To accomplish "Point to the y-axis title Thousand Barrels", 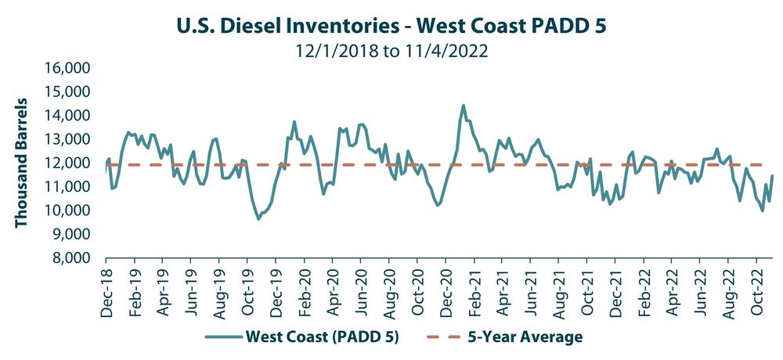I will click(x=21, y=163).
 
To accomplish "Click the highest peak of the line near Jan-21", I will click(x=463, y=105).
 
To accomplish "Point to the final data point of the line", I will click(x=773, y=175).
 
